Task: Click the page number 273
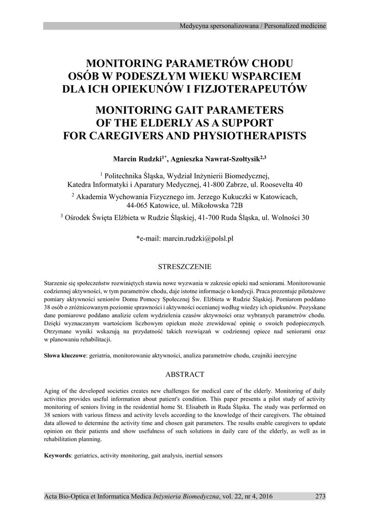320,496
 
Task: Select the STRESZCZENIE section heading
184,267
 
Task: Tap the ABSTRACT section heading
184,374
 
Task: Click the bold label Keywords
57,455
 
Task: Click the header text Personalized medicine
294,26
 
